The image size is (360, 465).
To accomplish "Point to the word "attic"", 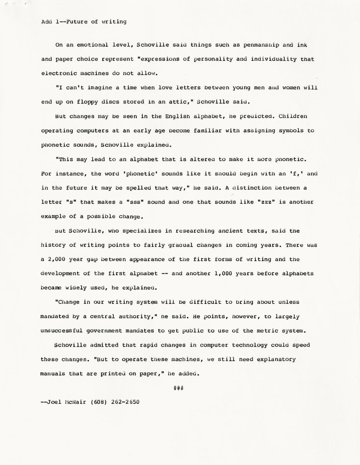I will pyautogui.click(x=182, y=102).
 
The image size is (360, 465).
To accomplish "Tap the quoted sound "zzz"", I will pyautogui.click(x=267, y=202).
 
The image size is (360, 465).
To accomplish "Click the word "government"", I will pyautogui.click(x=104, y=331).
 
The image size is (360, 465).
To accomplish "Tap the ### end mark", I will pyautogui.click(x=178, y=388).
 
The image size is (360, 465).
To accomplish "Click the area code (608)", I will pyautogui.click(x=99, y=402).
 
